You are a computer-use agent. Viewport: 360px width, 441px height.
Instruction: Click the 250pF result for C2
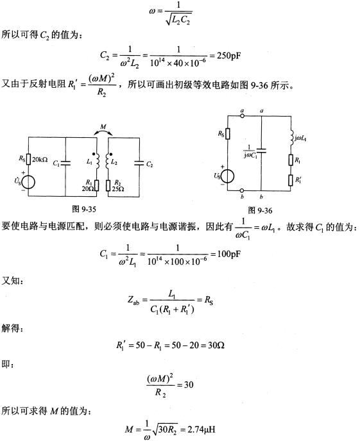click(x=229, y=55)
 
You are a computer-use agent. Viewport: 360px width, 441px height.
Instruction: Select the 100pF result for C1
click(x=229, y=254)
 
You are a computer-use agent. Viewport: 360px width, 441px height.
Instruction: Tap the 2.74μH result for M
click(x=201, y=429)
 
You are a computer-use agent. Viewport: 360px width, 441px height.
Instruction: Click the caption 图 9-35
click(x=84, y=209)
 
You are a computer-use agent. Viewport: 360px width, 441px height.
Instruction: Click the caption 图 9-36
click(x=260, y=210)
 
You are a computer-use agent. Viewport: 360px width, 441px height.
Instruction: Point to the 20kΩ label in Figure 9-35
click(x=40, y=160)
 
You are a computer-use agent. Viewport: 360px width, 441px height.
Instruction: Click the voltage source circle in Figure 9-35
click(x=28, y=182)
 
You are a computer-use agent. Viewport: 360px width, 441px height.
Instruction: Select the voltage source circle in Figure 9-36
click(x=227, y=176)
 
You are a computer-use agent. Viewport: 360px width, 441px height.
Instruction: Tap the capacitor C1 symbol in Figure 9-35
click(x=65, y=163)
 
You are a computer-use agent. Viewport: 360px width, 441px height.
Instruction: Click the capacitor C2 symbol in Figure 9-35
click(x=139, y=163)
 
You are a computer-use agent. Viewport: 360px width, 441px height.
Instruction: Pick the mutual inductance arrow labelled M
click(x=103, y=132)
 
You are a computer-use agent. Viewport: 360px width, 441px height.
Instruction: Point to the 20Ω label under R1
click(x=88, y=189)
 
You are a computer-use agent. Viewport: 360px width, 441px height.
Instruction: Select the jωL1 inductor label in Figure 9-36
click(x=300, y=138)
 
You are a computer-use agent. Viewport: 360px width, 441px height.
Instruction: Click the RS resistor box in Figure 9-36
click(x=227, y=134)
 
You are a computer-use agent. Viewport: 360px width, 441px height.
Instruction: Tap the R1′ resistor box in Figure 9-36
click(x=291, y=180)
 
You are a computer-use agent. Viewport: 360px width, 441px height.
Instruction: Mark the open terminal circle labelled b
click(x=241, y=190)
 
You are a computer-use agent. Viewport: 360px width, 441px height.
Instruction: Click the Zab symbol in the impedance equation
click(x=133, y=300)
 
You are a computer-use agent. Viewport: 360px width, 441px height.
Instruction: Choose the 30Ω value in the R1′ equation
click(x=216, y=345)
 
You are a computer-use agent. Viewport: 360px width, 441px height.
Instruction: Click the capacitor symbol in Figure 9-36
click(x=261, y=151)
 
